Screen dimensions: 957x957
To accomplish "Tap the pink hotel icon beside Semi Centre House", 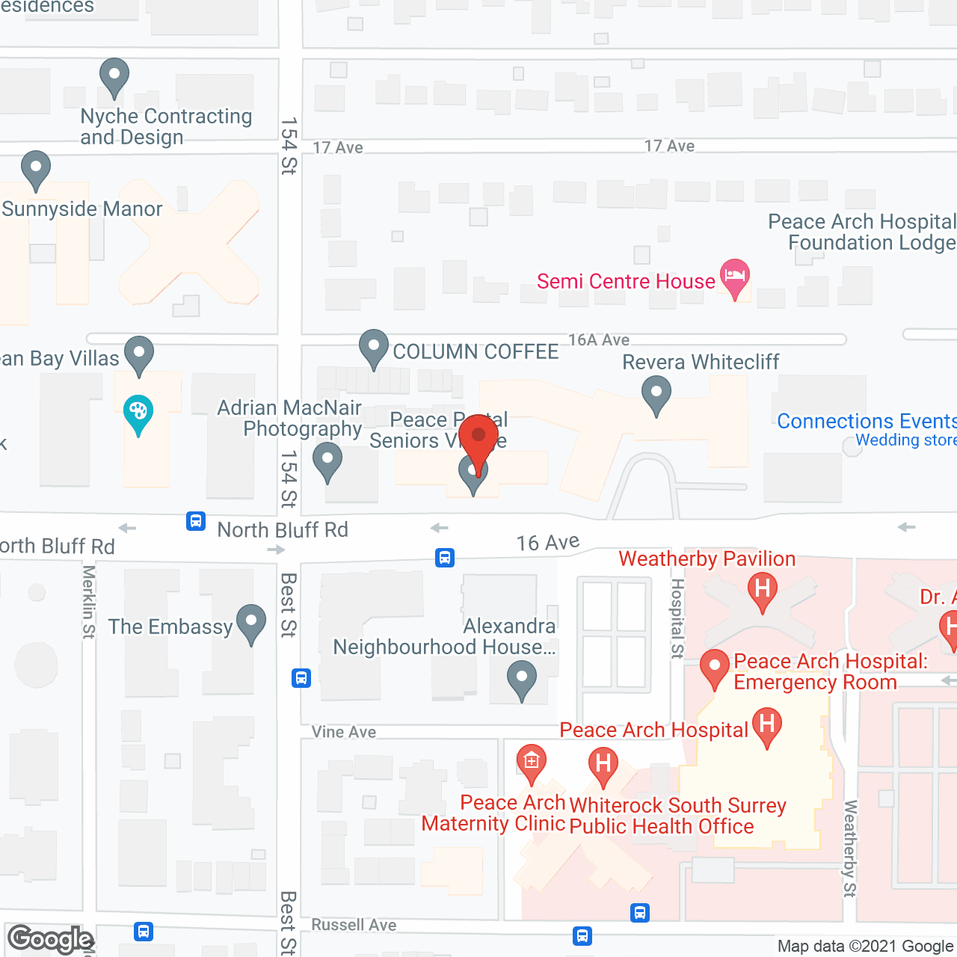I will click(735, 277).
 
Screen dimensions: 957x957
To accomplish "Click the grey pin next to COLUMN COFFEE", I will click(373, 348).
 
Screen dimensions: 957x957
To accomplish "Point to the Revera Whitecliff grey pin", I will click(656, 393).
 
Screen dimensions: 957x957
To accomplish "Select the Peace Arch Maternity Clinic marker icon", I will click(531, 763).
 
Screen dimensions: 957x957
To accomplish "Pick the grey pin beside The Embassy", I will click(251, 623).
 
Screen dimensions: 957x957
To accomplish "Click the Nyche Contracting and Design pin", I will click(114, 76).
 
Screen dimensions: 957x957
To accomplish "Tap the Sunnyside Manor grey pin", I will click(36, 168).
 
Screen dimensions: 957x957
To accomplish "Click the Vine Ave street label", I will click(344, 732).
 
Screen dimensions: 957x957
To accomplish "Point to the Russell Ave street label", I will click(354, 925).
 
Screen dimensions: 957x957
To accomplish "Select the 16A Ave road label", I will click(599, 340).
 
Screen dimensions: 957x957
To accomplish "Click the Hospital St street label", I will click(677, 618).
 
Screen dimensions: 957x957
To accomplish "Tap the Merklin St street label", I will click(89, 602).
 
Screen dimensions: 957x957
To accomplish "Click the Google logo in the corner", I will click(50, 939).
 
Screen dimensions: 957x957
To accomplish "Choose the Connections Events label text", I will click(867, 422).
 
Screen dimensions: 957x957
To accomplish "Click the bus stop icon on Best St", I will click(301, 678).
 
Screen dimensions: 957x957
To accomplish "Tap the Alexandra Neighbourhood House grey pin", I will click(522, 681).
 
